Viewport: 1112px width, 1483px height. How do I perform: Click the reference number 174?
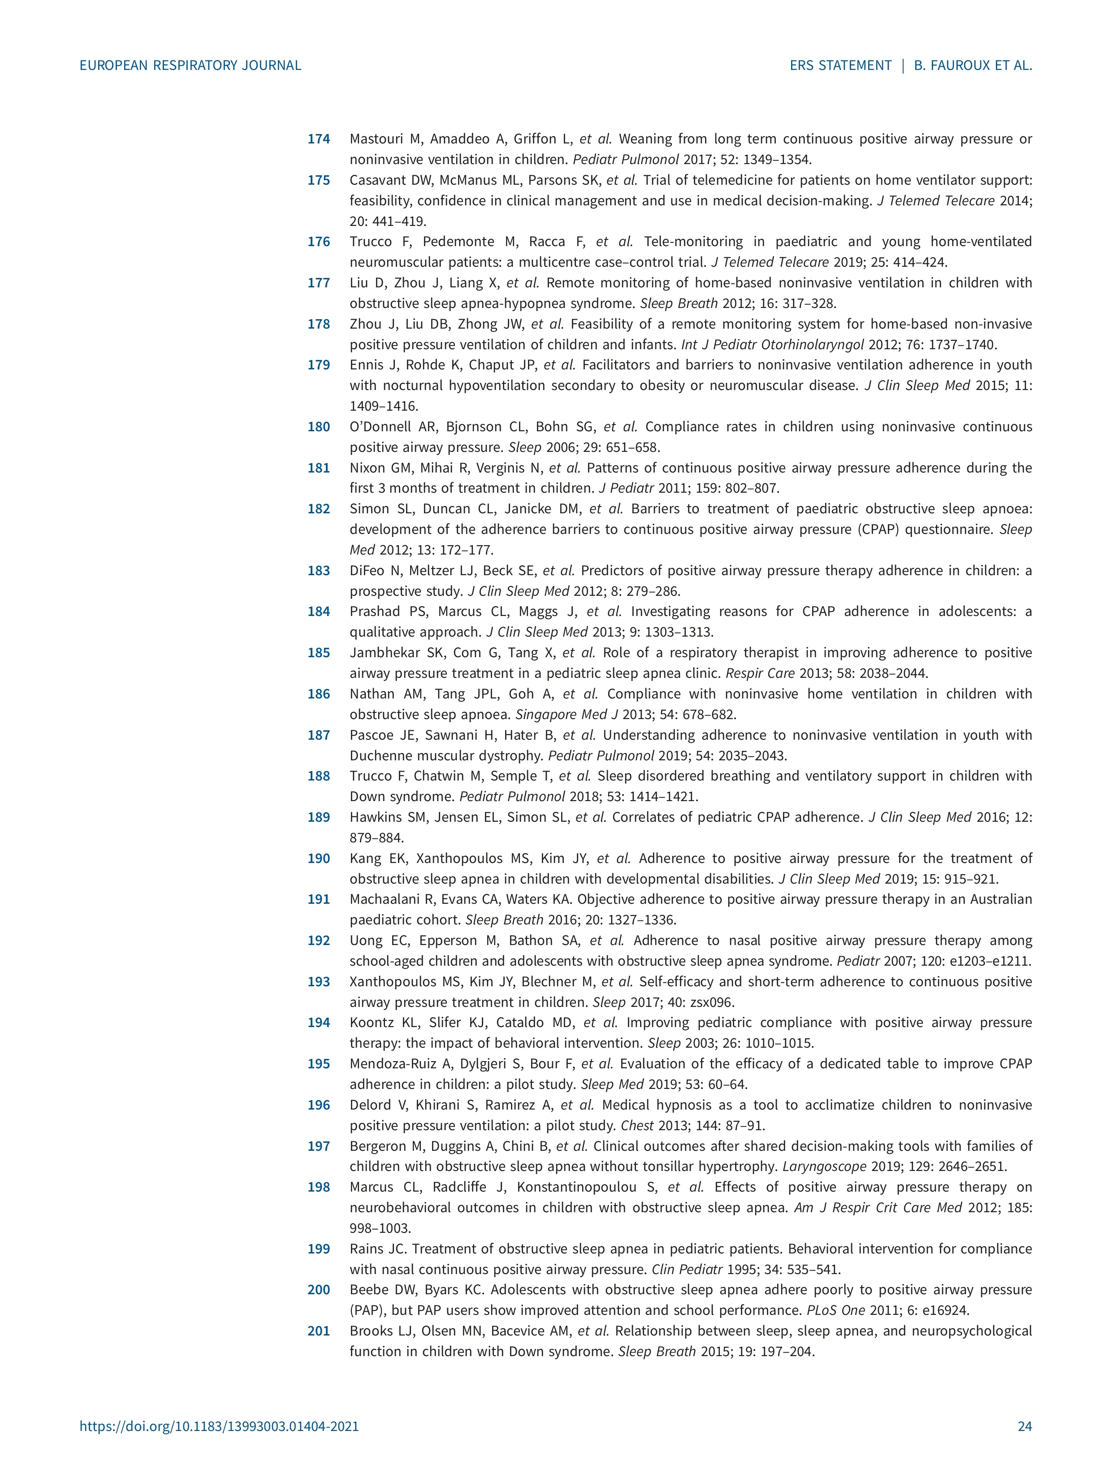pyautogui.click(x=318, y=139)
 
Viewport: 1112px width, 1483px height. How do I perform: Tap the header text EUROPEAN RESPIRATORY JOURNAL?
pyautogui.click(x=190, y=66)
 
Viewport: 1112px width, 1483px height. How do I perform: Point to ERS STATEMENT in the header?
pyautogui.click(x=840, y=66)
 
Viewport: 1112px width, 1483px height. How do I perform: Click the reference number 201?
pyautogui.click(x=318, y=1331)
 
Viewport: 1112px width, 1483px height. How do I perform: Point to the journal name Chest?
pyautogui.click(x=637, y=1126)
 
